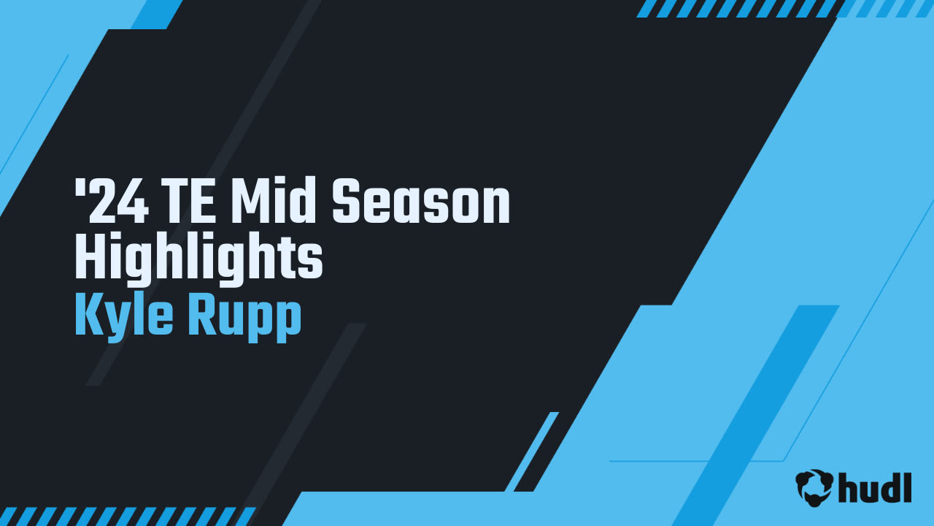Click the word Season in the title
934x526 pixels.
pos(421,203)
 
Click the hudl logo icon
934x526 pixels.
pos(814,487)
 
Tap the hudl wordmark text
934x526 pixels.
pos(875,487)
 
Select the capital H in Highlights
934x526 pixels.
pos(89,259)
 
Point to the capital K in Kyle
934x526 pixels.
pos(88,317)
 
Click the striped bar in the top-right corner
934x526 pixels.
pos(784,8)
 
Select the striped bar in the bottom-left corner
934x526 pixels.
pos(128,517)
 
